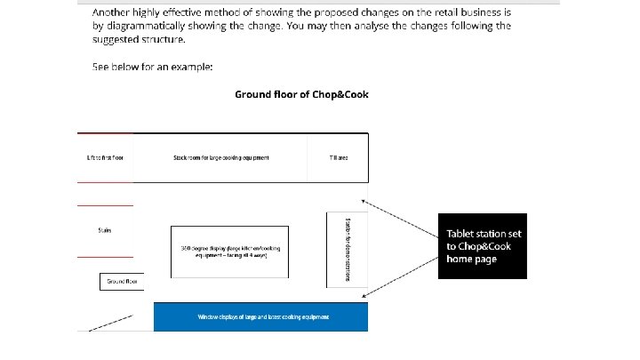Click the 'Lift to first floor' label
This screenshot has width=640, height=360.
tap(105, 157)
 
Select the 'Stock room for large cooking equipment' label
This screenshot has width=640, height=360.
tap(220, 157)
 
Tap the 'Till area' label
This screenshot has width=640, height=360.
tap(338, 157)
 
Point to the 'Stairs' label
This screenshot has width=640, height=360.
tap(105, 230)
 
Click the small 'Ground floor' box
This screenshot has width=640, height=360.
tap(122, 282)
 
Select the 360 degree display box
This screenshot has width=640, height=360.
tap(228, 251)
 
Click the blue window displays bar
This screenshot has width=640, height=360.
tap(260, 316)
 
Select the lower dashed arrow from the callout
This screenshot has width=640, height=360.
tap(402, 276)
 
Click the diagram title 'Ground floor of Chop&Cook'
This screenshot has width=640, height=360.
tap(300, 93)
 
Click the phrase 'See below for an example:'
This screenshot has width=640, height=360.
tap(152, 67)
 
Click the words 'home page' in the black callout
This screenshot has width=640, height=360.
tap(472, 259)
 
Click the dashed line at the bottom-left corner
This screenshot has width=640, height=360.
tap(106, 321)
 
